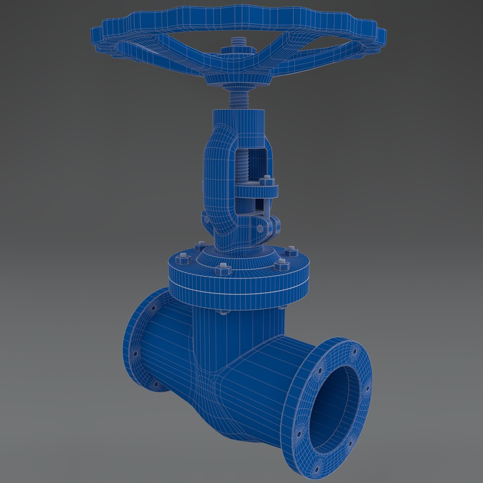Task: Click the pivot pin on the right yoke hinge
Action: tap(260, 228)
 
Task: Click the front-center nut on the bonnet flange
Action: tap(223, 269)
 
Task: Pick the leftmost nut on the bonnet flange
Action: tap(183, 258)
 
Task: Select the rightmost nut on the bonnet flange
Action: tap(291, 251)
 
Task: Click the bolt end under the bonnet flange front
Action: tap(223, 312)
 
